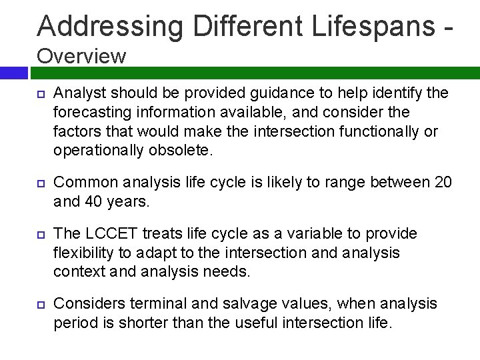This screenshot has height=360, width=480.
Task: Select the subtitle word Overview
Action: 81,55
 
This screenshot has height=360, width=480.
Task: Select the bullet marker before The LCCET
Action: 39,233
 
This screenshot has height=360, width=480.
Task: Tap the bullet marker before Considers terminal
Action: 39,305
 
